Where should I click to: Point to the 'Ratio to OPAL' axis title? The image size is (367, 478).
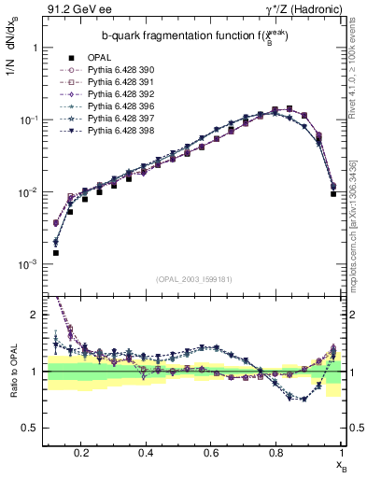(x=11, y=371)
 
